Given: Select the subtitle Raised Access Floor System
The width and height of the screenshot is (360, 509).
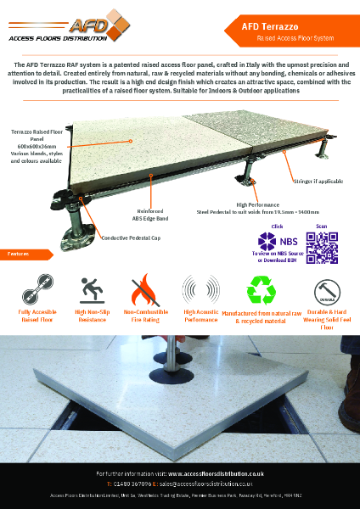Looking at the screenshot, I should (x=286, y=39).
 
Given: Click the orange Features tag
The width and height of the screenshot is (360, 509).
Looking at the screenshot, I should (x=20, y=254).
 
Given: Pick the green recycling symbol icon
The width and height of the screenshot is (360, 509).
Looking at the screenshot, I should (x=262, y=288).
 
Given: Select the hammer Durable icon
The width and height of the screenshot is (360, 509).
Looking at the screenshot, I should (x=323, y=288).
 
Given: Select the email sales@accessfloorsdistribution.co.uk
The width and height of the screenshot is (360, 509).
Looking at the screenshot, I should (x=212, y=483).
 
